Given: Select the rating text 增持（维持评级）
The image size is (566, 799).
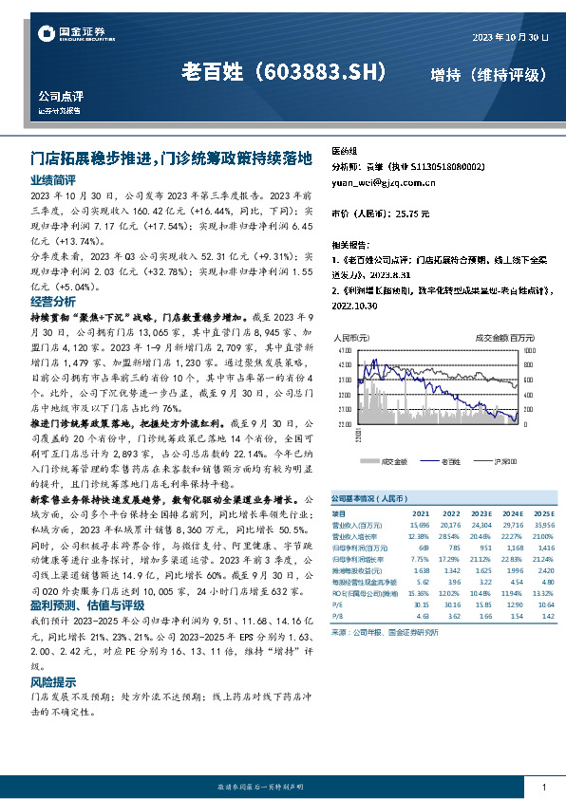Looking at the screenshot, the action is point(488,74).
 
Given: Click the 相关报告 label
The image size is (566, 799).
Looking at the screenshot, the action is point(349,244).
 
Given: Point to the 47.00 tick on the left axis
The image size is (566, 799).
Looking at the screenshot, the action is point(344,350).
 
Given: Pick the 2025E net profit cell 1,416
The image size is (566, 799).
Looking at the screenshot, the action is point(544,548).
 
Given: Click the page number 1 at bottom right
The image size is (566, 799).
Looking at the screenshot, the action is point(542,788).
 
